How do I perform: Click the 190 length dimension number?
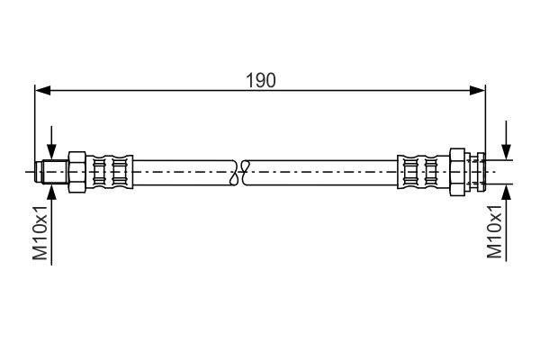click(261, 79)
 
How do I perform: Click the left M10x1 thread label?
click(40, 232)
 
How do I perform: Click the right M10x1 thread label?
click(494, 232)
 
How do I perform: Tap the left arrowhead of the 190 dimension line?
click(41, 90)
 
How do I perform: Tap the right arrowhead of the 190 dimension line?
click(479, 90)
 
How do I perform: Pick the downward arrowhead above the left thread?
click(52, 154)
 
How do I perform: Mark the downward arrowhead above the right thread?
click(507, 154)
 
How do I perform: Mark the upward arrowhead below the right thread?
click(507, 190)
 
